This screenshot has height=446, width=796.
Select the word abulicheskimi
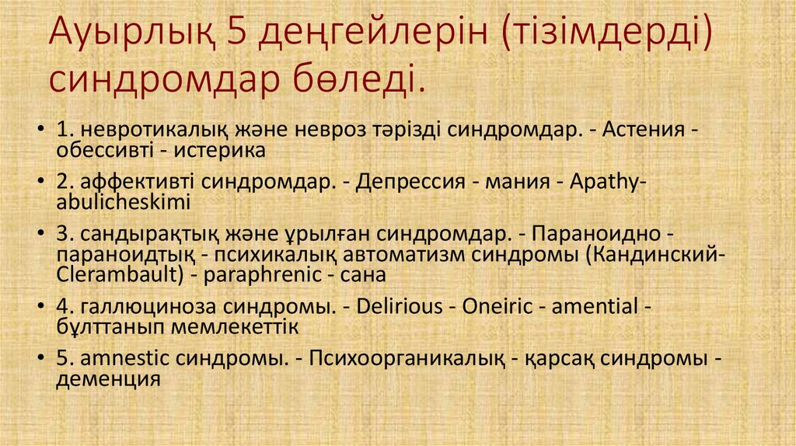(x=124, y=201)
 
